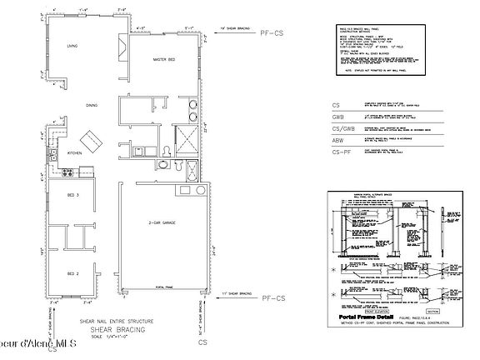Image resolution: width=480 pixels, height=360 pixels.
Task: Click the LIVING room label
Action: click(72, 47)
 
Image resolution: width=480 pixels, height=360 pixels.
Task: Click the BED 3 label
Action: click(72, 195)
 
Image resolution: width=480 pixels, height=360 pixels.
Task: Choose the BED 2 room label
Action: click(72, 272)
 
